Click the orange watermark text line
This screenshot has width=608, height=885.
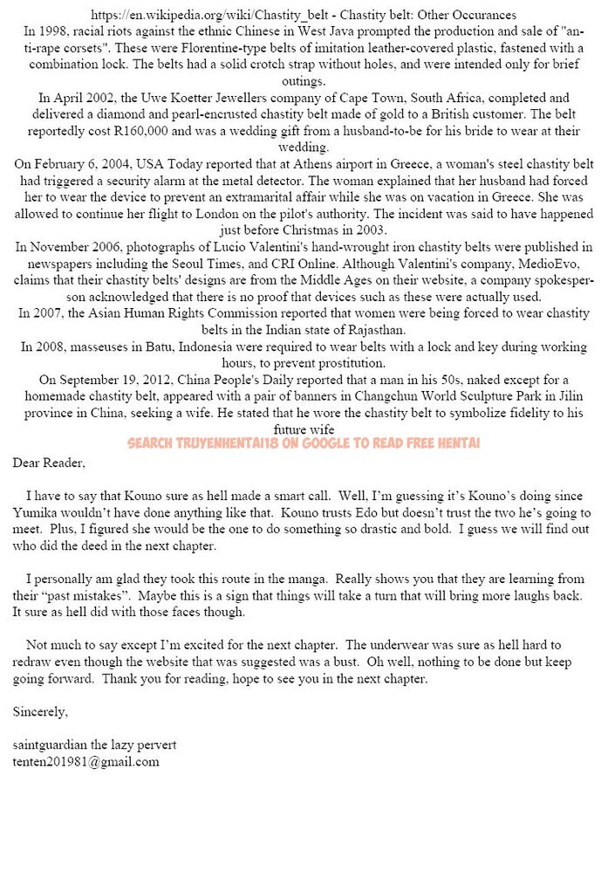pyautogui.click(x=304, y=443)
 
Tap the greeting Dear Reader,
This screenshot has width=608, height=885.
pyautogui.click(x=49, y=462)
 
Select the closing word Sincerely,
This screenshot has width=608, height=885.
pyautogui.click(x=40, y=712)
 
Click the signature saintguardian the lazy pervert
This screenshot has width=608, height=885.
pyautogui.click(x=94, y=744)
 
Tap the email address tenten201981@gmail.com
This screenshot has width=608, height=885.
pyautogui.click(x=85, y=761)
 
